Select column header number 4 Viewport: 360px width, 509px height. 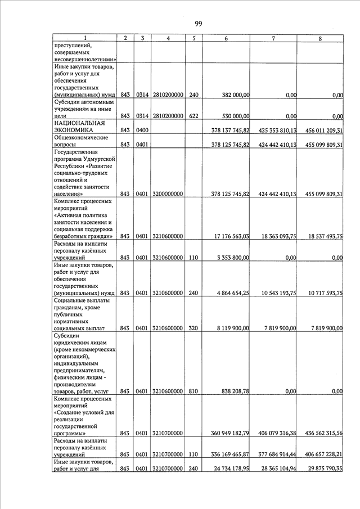point(169,38)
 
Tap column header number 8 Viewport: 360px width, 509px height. point(319,38)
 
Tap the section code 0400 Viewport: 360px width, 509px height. point(141,130)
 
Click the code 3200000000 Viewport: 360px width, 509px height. point(168,194)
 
